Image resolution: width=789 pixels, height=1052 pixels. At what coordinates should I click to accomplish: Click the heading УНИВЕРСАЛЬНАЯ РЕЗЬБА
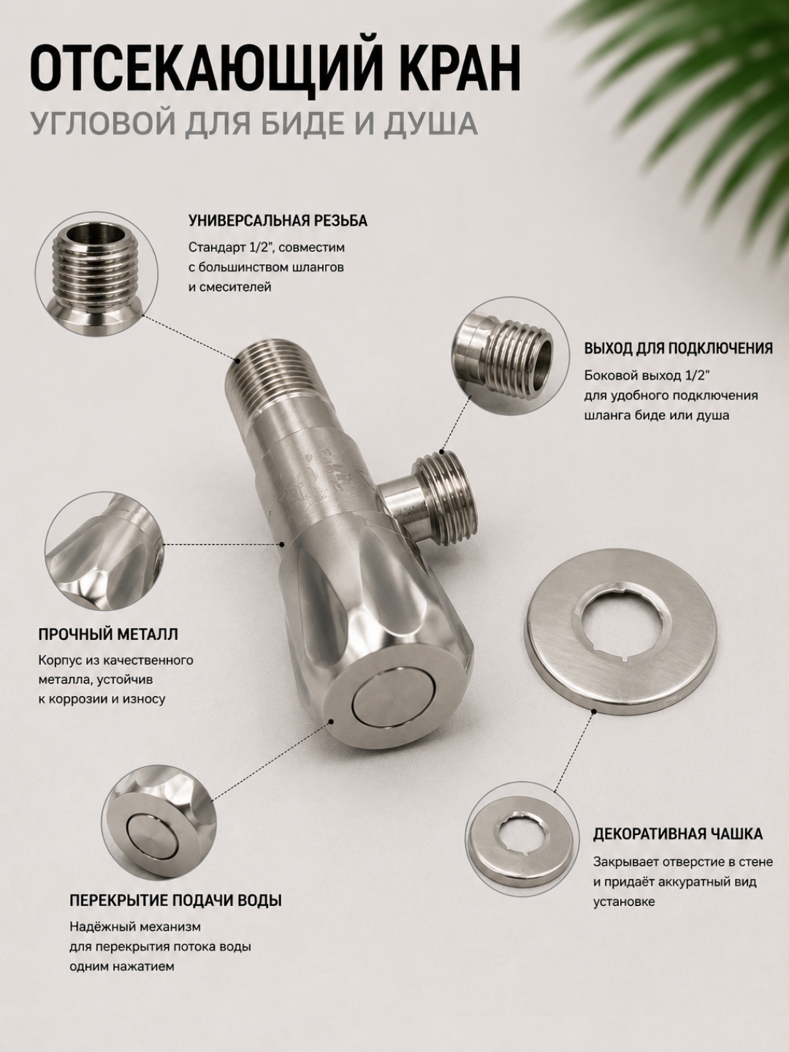[x=278, y=221]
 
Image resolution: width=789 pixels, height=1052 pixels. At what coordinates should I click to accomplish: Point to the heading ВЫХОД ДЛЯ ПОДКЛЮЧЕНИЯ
[x=679, y=348]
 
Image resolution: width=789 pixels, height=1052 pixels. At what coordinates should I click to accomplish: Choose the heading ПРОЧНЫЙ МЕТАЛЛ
[x=108, y=634]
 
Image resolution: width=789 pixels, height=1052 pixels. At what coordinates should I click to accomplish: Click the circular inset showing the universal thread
[x=96, y=274]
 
